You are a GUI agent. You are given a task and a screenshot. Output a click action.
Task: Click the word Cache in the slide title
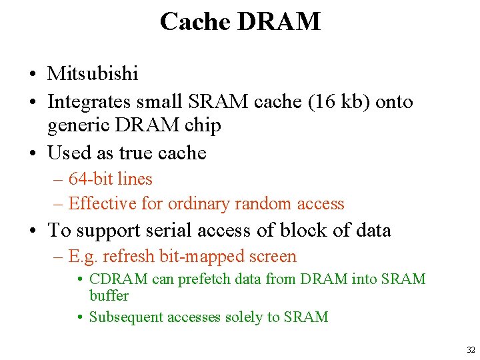tap(195, 22)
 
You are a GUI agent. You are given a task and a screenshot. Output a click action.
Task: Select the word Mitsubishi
tap(93, 73)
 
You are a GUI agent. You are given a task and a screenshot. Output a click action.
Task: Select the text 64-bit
tap(90, 179)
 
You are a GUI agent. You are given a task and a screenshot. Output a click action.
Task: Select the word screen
tap(269, 257)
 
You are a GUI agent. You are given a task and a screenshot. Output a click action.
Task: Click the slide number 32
tap(471, 350)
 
